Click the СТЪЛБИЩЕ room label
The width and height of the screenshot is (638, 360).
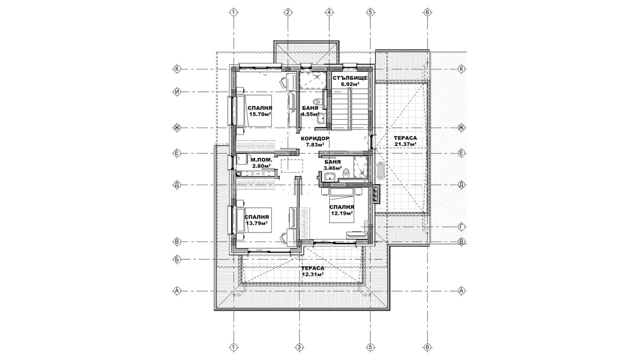point(350,77)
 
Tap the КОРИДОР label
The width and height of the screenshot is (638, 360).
point(315,139)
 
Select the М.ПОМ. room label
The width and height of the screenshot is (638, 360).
point(261,160)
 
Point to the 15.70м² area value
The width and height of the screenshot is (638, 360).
point(260,114)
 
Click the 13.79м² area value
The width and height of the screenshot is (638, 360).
point(257,223)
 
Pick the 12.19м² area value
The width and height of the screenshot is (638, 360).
point(341,213)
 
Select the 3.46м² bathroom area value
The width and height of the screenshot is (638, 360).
point(333,167)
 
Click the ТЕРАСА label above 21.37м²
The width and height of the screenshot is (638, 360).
point(405,138)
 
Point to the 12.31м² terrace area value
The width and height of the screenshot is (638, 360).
point(313,275)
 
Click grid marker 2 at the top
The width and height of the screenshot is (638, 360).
point(288,12)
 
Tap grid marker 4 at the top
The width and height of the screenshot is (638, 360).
point(329,12)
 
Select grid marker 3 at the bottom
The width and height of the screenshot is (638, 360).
point(299,347)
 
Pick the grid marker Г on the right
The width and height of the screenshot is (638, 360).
point(461,227)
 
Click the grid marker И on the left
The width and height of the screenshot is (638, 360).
point(177,92)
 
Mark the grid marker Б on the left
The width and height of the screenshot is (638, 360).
point(177,259)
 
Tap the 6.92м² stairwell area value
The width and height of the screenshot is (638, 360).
point(350,84)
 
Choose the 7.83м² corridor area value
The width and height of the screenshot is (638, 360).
point(315,145)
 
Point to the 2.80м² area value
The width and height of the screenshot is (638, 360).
point(261,166)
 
